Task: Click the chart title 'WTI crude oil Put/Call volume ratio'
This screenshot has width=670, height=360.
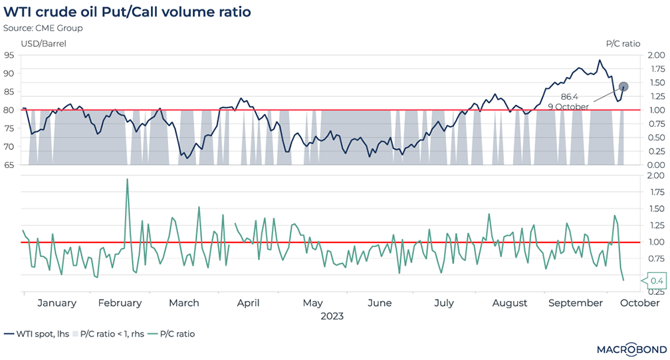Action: click(128, 13)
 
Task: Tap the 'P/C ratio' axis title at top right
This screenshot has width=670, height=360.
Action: click(623, 44)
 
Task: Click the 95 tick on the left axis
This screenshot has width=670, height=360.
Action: click(9, 55)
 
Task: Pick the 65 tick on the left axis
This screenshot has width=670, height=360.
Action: click(9, 165)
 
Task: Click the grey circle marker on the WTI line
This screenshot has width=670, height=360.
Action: click(623, 86)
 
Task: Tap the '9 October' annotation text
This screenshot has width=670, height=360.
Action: click(568, 106)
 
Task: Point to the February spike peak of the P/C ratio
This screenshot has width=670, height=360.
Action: click(127, 179)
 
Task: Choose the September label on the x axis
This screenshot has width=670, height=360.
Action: click(576, 303)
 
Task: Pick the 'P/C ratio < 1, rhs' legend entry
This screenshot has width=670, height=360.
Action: click(110, 334)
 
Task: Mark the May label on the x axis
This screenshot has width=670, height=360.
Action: click(312, 303)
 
